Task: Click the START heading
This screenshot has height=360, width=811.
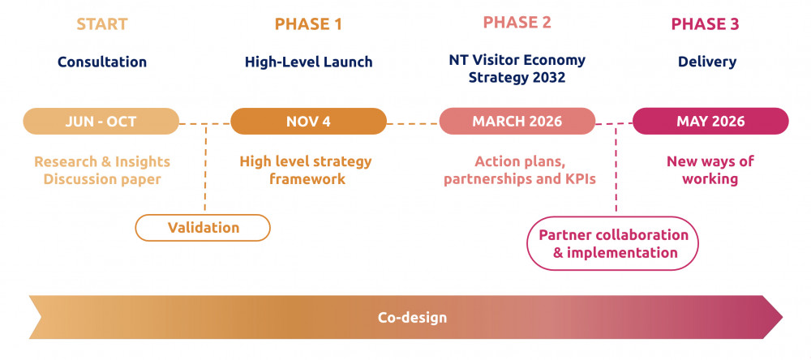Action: [102, 24]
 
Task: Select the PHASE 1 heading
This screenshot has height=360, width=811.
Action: [308, 24]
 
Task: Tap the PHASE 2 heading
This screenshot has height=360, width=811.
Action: [517, 22]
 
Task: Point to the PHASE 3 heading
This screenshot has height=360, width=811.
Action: [705, 24]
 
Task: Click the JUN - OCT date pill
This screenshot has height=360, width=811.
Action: [101, 122]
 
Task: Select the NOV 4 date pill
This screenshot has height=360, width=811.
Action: [308, 122]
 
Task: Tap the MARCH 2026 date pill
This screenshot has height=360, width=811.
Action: [517, 122]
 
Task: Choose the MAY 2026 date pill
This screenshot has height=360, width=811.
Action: [710, 122]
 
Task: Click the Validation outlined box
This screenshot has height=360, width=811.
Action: [203, 228]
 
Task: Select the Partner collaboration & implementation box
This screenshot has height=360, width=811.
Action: [614, 243]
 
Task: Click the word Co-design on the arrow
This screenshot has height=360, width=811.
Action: [412, 317]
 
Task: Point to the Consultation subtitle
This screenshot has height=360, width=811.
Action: [102, 62]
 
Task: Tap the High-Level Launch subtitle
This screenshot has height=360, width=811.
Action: [308, 62]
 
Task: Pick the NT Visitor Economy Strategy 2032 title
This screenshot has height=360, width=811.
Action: [517, 69]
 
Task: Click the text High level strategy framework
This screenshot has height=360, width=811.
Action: [306, 170]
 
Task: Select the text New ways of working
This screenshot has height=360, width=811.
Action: [710, 170]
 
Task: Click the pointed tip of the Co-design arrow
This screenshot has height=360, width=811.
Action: [780, 317]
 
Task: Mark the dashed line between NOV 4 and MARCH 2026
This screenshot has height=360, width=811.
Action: [413, 123]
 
